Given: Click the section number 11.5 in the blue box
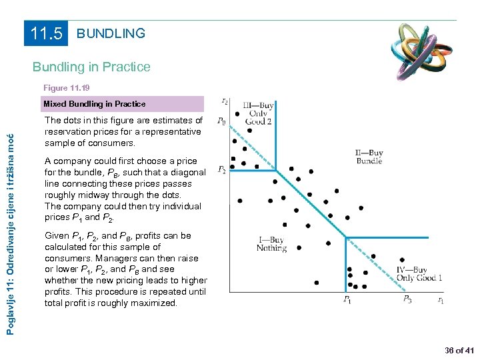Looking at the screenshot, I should tap(47, 34).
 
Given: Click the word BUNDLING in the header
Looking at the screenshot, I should tap(111, 33).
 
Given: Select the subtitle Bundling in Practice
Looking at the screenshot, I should tap(92, 67).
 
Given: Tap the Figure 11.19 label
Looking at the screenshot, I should tap(67, 88).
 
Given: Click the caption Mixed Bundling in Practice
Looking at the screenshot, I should tap(94, 104).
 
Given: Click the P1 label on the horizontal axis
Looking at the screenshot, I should tap(347, 301).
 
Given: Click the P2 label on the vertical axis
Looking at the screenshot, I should tap(220, 171).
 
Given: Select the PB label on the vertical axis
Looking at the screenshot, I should tap(220, 122).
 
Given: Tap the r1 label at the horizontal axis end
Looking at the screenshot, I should tap(441, 301).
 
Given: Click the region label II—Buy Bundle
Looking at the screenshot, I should tap(369, 157).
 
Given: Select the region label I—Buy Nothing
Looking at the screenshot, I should tap(271, 244).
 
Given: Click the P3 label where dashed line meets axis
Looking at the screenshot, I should tap(407, 301).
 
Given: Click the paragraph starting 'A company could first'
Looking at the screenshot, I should tap(125, 189).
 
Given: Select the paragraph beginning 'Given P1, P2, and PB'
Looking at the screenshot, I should tap(125, 269).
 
